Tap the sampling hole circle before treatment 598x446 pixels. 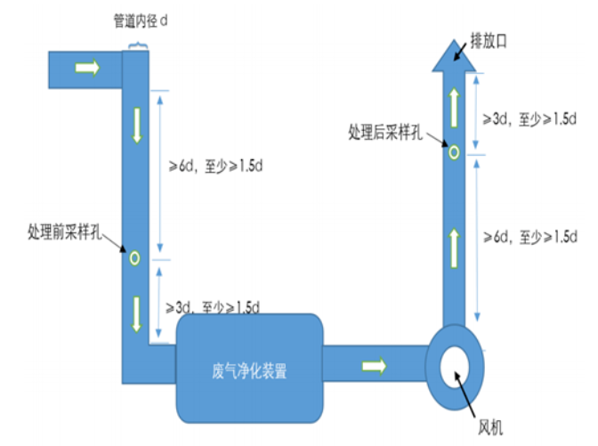click(x=134, y=258)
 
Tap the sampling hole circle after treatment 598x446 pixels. click(x=453, y=152)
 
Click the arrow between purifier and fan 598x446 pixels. click(x=375, y=365)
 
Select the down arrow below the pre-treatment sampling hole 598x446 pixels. click(x=137, y=312)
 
